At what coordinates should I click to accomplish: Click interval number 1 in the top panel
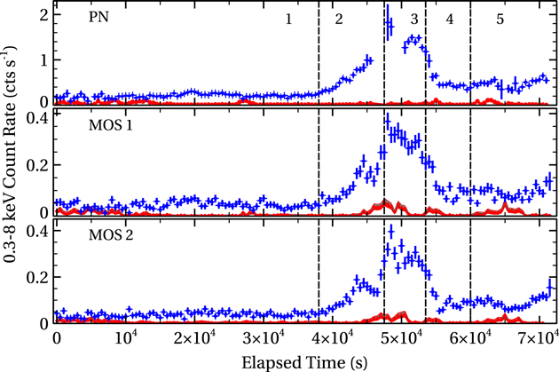click(x=288, y=19)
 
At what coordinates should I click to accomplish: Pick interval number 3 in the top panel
click(x=413, y=19)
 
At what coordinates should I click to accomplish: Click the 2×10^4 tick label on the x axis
click(x=188, y=337)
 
